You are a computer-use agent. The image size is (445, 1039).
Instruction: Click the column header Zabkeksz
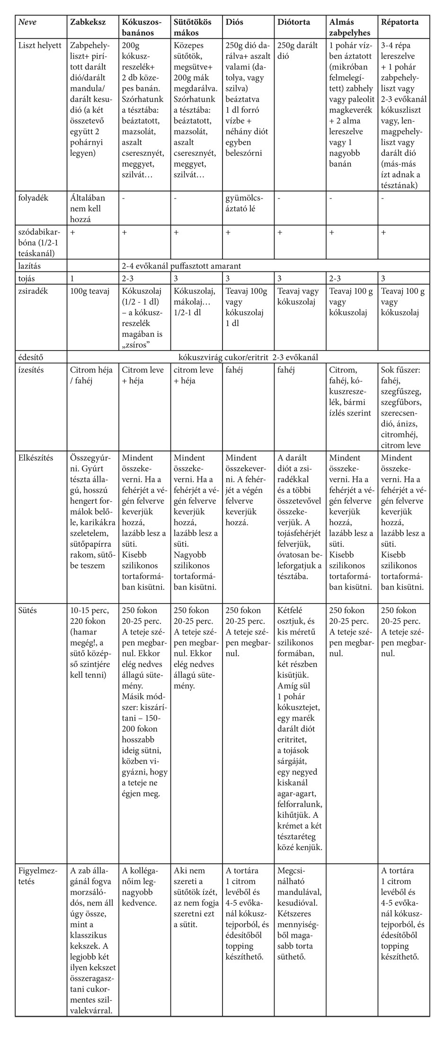[88, 22]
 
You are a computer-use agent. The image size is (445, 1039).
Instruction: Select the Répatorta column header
[400, 22]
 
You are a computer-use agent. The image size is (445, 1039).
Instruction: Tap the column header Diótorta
[294, 22]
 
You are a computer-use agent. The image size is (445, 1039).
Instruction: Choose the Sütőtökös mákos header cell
[192, 27]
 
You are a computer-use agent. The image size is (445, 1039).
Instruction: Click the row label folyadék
[33, 198]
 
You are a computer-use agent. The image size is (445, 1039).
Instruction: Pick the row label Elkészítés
[36, 458]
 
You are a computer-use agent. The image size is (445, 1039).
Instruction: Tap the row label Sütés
[28, 610]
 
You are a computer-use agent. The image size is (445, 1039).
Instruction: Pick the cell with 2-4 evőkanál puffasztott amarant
[182, 266]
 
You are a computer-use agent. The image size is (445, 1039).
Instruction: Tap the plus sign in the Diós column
[228, 232]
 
